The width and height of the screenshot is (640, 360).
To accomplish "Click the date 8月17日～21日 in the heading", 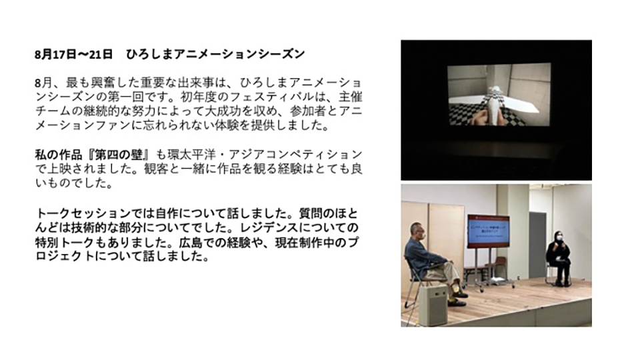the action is tap(73, 54).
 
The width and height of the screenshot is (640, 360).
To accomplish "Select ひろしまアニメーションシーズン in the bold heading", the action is tap(215, 54).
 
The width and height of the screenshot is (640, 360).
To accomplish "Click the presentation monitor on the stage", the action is tap(488, 231).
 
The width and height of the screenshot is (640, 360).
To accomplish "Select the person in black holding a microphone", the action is tap(559, 258).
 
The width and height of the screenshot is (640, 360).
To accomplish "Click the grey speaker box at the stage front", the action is tap(433, 304).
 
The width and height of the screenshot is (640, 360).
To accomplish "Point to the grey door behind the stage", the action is tap(537, 245).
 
